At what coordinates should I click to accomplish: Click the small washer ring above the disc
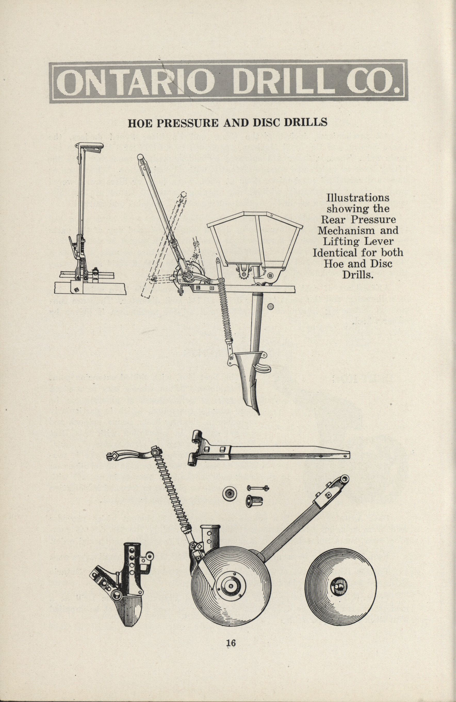(x=229, y=493)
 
